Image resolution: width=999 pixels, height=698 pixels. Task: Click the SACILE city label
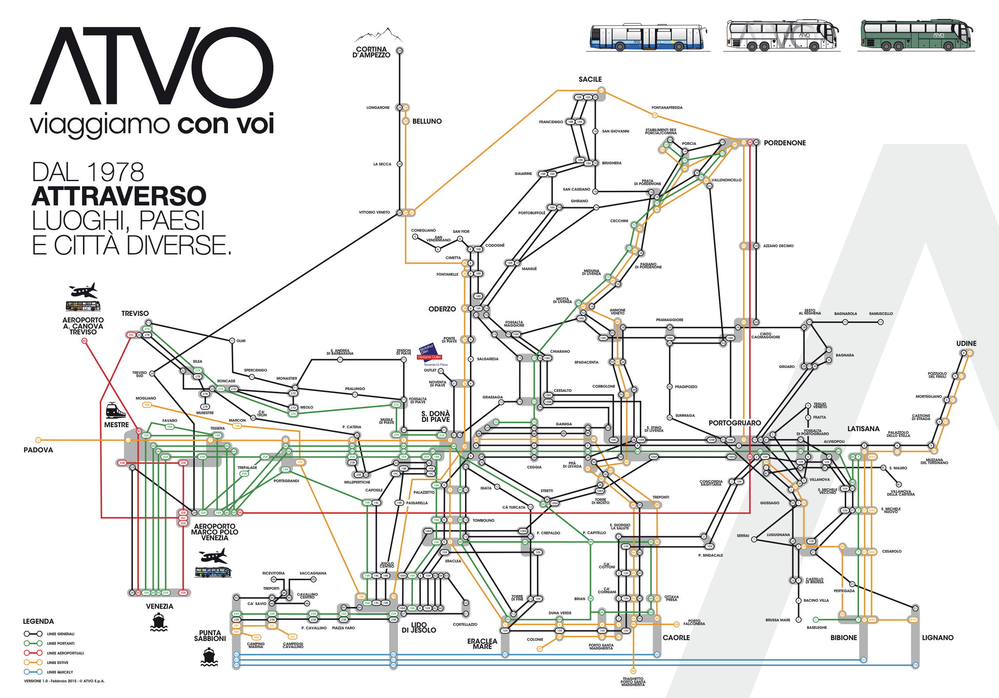pyautogui.click(x=590, y=80)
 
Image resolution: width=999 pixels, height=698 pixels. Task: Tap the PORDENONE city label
pyautogui.click(x=784, y=143)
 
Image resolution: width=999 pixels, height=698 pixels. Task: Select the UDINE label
pyautogui.click(x=966, y=343)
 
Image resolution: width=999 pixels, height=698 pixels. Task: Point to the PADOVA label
pyautogui.click(x=38, y=450)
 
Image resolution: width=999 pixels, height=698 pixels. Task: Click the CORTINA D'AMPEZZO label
pyautogui.click(x=371, y=52)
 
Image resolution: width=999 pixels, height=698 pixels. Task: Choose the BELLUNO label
pyautogui.click(x=427, y=121)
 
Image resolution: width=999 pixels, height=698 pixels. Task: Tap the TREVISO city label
pyautogui.click(x=135, y=313)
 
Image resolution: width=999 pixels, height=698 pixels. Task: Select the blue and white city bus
pyautogui.click(x=647, y=37)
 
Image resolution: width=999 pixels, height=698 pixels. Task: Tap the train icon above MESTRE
pyautogui.click(x=116, y=411)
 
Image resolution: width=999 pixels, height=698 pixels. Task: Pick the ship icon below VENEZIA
pyautogui.click(x=159, y=622)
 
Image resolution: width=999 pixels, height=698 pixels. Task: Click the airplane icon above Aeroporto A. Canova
pyautogui.click(x=83, y=291)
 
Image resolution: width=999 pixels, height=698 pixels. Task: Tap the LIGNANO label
pyautogui.click(x=938, y=637)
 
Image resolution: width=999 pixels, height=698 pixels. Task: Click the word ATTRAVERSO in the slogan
pyautogui.click(x=119, y=196)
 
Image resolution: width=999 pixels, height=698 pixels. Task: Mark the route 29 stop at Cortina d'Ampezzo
pyautogui.click(x=399, y=51)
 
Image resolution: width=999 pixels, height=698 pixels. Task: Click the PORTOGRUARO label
pyautogui.click(x=734, y=423)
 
